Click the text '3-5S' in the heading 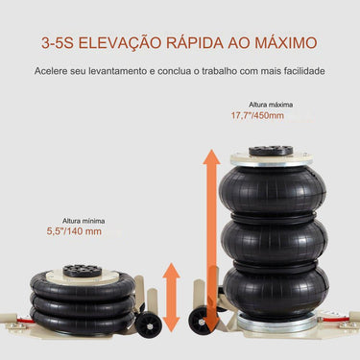coord(60,44)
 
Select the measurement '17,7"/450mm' coord(257,117)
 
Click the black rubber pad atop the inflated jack coord(270,151)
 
